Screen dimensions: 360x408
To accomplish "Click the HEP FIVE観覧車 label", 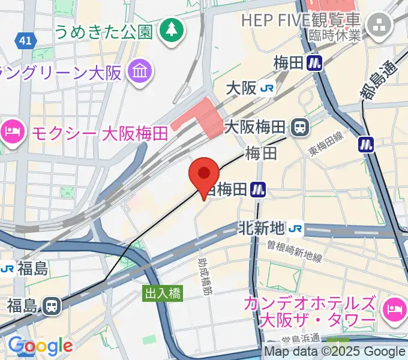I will click(301, 19).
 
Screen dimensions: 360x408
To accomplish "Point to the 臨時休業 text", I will click(335, 35).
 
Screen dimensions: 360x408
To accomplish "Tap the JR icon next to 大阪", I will click(268, 89).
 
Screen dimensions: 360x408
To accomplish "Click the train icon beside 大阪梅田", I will click(299, 127).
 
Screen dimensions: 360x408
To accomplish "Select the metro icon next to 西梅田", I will click(259, 190).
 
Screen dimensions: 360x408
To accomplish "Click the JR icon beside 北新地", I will click(295, 229).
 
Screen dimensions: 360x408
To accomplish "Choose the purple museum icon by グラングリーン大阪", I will click(140, 73).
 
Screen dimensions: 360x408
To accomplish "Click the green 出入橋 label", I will click(163, 293).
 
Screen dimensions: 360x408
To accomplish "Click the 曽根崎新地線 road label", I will click(295, 251).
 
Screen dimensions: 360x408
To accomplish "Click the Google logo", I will click(40, 346).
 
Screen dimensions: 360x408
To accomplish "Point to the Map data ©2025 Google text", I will click(335, 352).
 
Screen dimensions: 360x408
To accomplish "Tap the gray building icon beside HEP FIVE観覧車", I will click(379, 25).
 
